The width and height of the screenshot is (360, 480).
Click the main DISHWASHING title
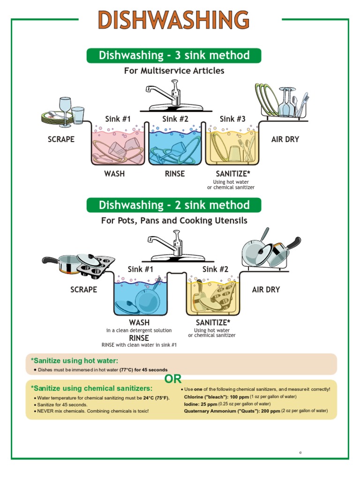coord(173,21)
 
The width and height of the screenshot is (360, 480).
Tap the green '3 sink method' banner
coord(174,55)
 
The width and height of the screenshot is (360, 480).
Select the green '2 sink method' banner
coord(174,205)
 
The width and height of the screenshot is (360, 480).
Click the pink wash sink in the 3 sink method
coord(118,145)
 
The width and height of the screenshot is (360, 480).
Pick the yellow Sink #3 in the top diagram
coord(232,145)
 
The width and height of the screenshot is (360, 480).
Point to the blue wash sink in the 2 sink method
coord(140,298)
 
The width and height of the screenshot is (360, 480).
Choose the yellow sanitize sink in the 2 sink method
coord(213,298)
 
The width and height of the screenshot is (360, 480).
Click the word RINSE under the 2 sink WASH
coord(139,338)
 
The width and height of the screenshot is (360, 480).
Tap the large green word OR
coord(172,379)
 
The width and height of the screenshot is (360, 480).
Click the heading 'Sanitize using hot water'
coord(75,360)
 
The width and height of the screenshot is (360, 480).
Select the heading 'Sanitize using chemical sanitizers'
coord(91,388)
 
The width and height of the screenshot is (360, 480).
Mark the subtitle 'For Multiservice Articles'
coord(174,71)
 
